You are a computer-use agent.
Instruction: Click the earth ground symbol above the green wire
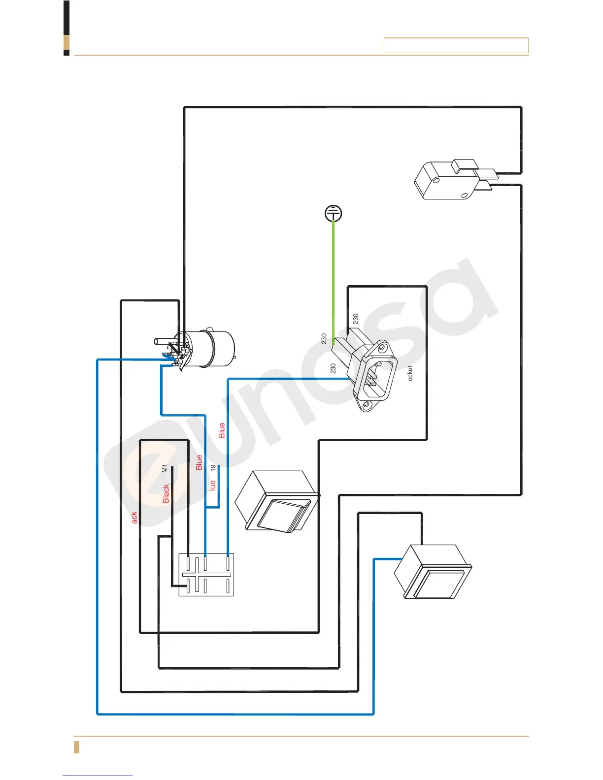(334, 214)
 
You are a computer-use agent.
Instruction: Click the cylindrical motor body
(217, 349)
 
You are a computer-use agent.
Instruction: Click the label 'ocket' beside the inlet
(410, 373)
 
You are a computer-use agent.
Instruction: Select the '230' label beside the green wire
(324, 339)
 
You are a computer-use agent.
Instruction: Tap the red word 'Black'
(166, 493)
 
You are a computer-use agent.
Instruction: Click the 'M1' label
(165, 468)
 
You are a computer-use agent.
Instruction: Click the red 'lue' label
(213, 486)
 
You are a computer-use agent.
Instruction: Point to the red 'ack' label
(134, 518)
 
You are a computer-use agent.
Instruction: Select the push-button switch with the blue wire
(433, 572)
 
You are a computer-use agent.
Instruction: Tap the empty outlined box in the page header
(456, 45)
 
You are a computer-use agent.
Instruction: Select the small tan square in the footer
(76, 747)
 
